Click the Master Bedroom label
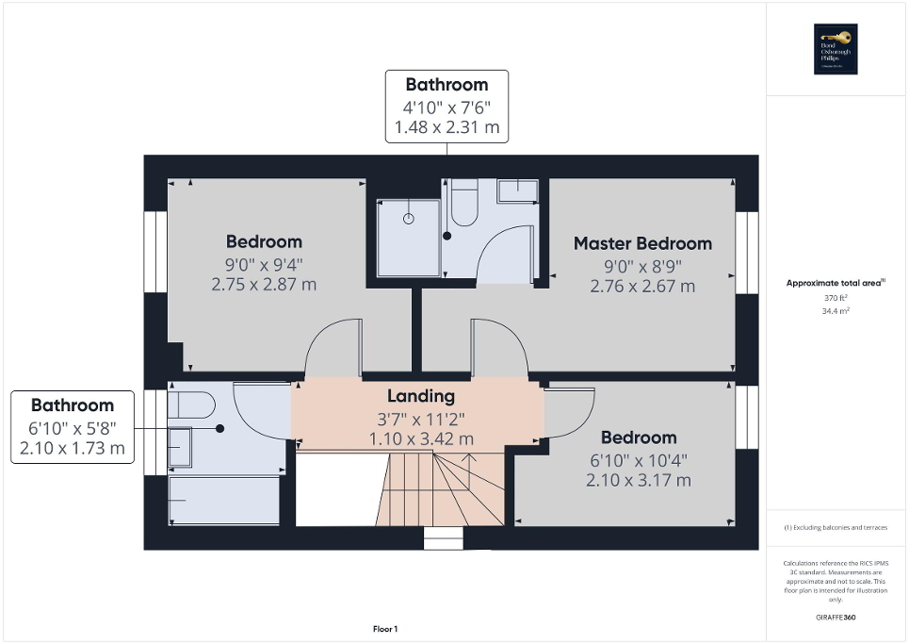pos(642,243)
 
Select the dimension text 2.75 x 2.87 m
pos(264,284)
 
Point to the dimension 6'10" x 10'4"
pos(639,460)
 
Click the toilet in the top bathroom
pos(464,202)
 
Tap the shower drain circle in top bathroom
pos(409,219)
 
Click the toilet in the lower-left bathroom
pos(193,405)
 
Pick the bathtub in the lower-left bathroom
pos(224,500)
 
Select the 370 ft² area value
pos(836,298)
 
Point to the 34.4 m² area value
pos(836,309)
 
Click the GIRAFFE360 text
pos(836,618)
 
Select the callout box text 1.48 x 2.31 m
pos(446,126)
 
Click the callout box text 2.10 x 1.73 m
pos(73,448)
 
